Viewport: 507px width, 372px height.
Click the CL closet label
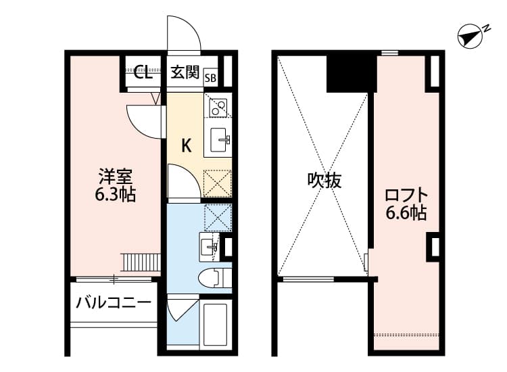pyautogui.click(x=143, y=73)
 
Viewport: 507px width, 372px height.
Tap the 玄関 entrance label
pyautogui.click(x=183, y=73)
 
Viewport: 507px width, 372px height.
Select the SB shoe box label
pyautogui.click(x=211, y=77)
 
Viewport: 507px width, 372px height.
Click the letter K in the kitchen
pyautogui.click(x=187, y=144)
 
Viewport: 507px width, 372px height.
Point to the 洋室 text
pyautogui.click(x=115, y=177)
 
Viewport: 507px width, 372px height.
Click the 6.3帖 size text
pyautogui.click(x=115, y=195)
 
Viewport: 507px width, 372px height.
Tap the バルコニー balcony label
pyautogui.click(x=113, y=302)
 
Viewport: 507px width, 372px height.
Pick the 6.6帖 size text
pyautogui.click(x=406, y=214)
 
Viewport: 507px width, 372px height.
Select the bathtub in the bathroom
pyautogui.click(x=217, y=325)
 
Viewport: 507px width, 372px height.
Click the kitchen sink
pyautogui.click(x=220, y=140)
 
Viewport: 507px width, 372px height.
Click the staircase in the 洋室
pyautogui.click(x=141, y=261)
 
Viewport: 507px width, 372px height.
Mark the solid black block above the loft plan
pyautogui.click(x=351, y=73)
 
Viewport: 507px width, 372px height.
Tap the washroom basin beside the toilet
pyautogui.click(x=210, y=247)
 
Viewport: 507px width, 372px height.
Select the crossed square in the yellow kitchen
pyautogui.click(x=218, y=183)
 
